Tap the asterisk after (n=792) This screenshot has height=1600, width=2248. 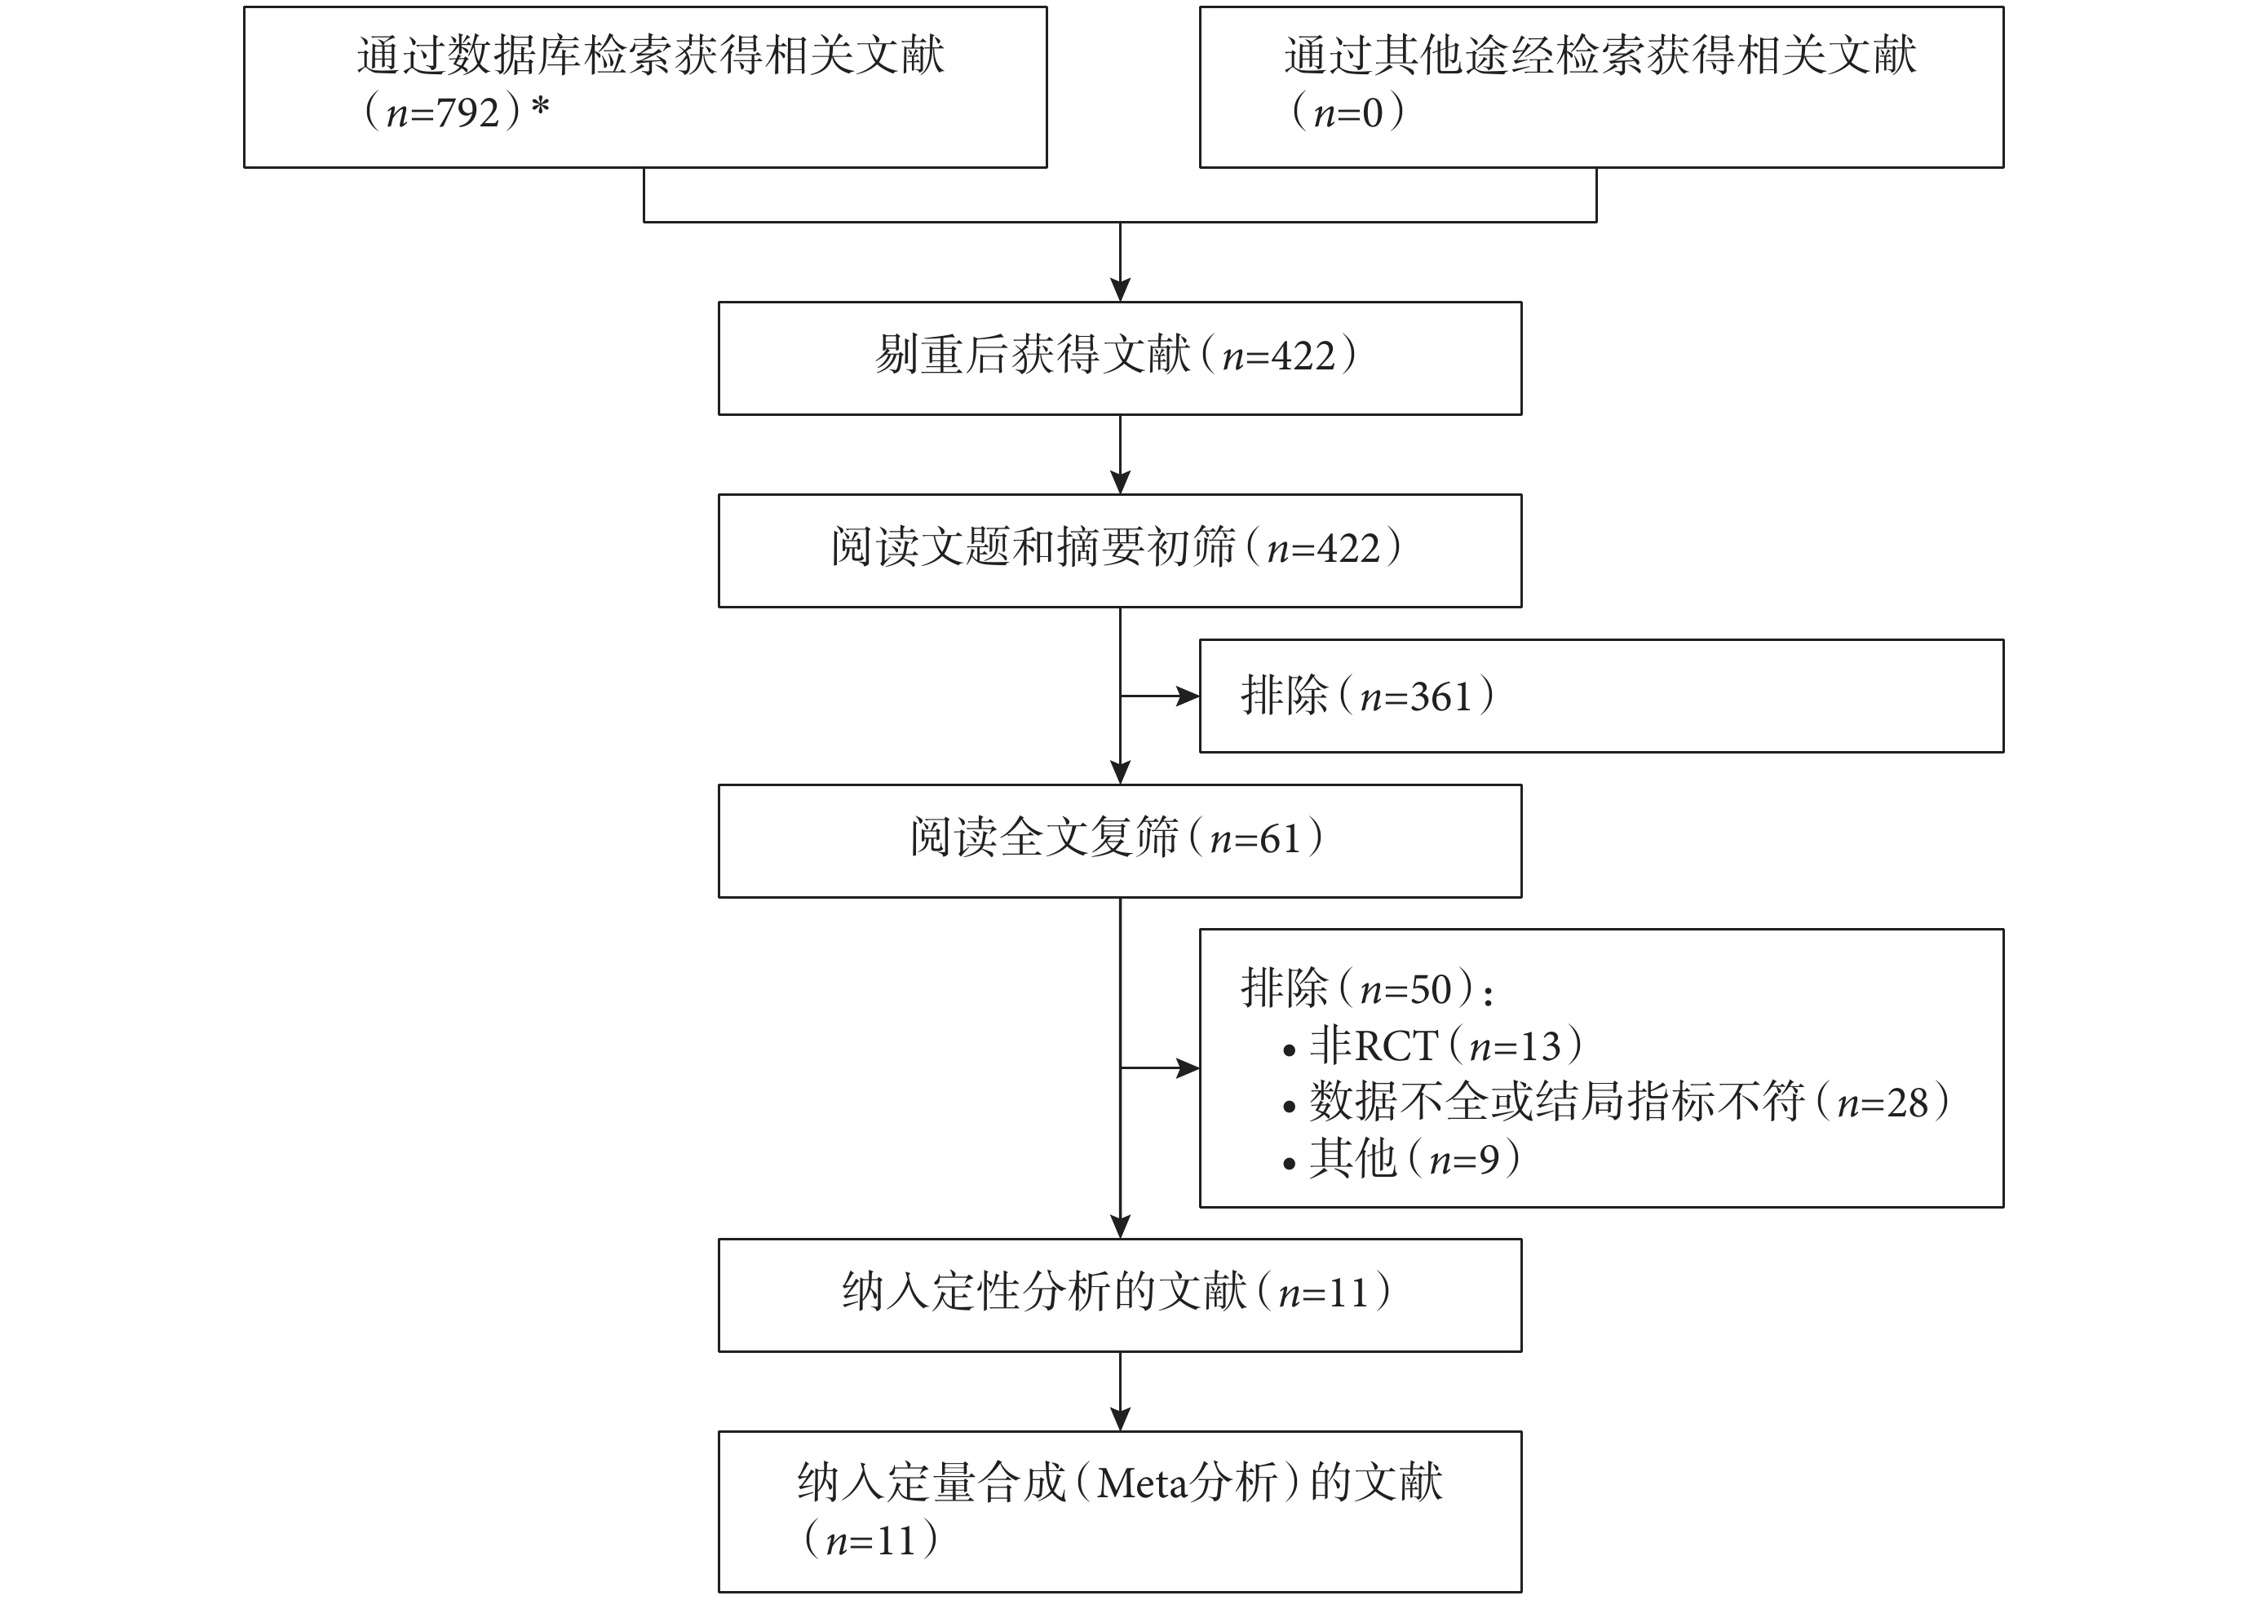point(540,106)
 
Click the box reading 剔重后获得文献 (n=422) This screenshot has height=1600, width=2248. point(1120,358)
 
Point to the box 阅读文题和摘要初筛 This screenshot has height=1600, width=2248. point(1120,550)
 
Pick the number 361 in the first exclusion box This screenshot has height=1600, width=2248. point(1440,696)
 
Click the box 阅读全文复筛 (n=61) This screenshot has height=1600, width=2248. point(1120,841)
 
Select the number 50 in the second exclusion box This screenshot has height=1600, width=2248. point(1431,989)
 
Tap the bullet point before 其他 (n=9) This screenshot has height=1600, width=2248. point(1289,1165)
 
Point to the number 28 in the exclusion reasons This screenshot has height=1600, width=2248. point(1906,1103)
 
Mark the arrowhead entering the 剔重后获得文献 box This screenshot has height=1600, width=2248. point(1121,290)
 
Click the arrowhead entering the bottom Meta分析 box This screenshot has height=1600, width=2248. point(1121,1420)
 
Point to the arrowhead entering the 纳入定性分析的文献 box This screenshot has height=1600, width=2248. point(1121,1227)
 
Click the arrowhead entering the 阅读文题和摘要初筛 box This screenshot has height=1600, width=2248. point(1121,483)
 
